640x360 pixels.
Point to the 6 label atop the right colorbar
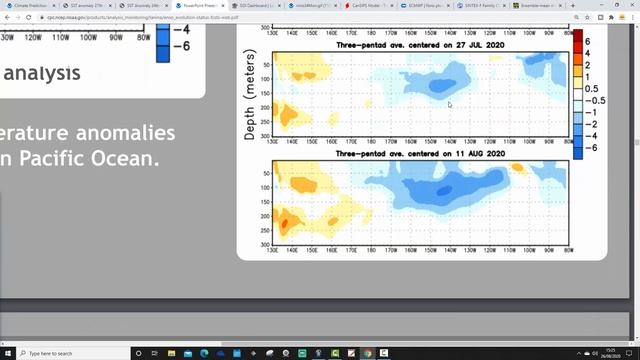click(x=587, y=42)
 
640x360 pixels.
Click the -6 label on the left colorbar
click(x=181, y=47)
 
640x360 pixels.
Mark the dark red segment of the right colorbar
click(x=577, y=39)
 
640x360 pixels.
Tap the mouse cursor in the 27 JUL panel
click(x=450, y=104)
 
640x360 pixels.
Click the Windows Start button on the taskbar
click(x=8, y=353)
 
